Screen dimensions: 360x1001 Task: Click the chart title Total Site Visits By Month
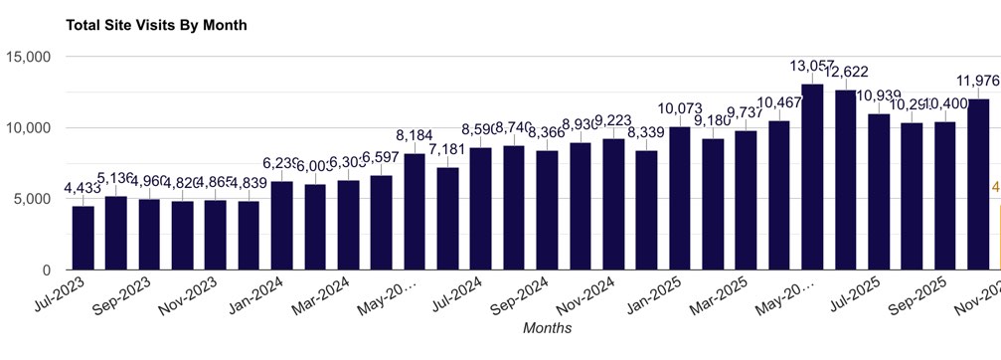156,25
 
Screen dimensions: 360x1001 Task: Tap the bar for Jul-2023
83,238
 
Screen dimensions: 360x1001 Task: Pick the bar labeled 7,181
447,219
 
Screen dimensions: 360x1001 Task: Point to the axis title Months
548,326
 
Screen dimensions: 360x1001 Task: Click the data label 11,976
977,81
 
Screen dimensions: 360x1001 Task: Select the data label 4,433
83,187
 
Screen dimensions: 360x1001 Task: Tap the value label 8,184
415,135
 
